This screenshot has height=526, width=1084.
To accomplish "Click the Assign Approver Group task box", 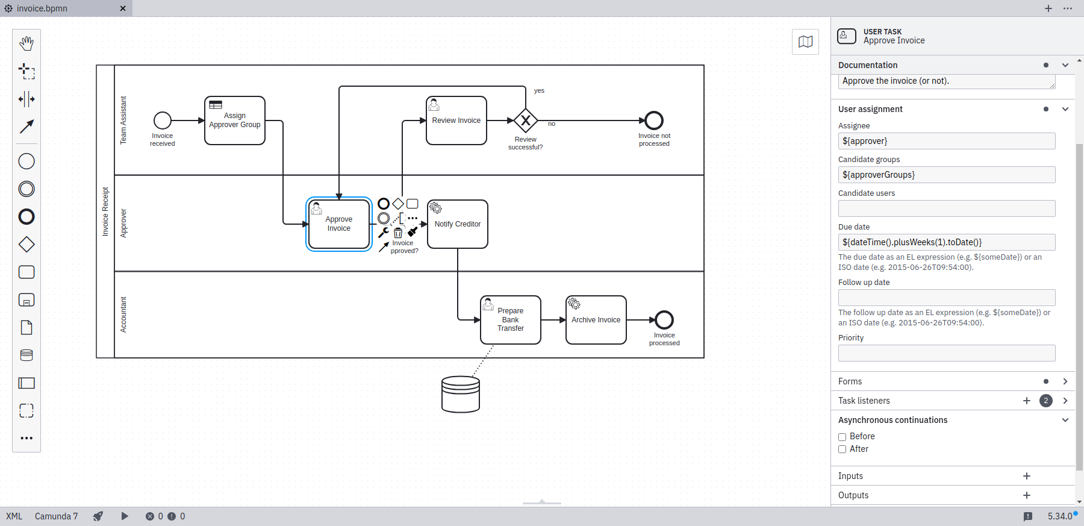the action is [235, 121].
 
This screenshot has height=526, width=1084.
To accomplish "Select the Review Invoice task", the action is [456, 121].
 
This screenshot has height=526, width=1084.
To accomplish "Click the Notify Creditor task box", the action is [458, 224].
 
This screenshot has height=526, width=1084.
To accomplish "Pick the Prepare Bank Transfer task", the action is [511, 320].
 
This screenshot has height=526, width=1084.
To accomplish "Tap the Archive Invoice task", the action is [596, 320].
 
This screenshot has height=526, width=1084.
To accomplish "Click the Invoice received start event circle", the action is [163, 121].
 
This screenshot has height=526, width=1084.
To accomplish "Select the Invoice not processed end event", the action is [654, 121].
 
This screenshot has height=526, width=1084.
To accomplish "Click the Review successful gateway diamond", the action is [526, 121].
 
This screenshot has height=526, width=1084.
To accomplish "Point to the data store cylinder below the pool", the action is [461, 394].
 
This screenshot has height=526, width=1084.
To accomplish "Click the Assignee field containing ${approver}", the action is [947, 141].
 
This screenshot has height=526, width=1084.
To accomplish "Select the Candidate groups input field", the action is [947, 175].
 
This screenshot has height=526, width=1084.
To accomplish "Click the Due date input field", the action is [947, 242].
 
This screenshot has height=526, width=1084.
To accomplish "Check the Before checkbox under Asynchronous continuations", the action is [843, 437].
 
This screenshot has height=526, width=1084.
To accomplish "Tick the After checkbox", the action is [843, 449].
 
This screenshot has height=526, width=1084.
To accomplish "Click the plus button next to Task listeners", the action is [1027, 401].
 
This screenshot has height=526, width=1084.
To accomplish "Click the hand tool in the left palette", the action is [26, 43].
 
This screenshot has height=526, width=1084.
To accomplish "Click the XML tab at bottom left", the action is [14, 516].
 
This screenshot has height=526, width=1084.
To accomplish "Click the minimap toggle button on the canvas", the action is [806, 42].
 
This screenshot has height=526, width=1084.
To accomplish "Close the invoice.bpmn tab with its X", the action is [123, 8].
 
